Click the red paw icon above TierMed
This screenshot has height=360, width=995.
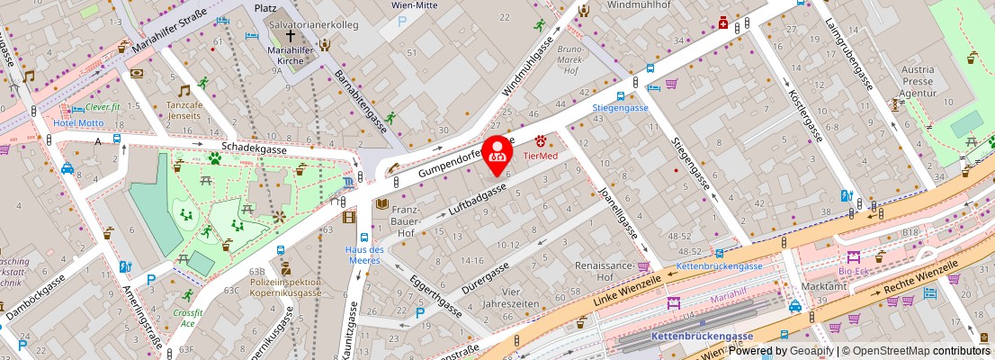542,141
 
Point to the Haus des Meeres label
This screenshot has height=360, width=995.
365,255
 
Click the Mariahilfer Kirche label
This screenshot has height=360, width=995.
290,56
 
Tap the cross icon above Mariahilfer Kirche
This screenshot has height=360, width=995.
290,35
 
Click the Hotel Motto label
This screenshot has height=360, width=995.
77,122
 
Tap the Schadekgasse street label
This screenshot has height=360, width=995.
255,147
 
